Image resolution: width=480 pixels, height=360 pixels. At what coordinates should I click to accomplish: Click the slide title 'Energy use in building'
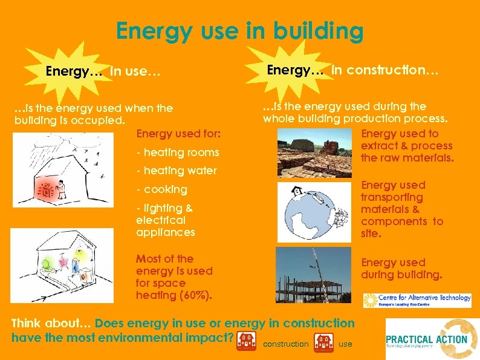click(x=240, y=30)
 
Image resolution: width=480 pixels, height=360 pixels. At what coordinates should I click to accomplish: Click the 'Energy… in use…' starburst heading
click(x=103, y=72)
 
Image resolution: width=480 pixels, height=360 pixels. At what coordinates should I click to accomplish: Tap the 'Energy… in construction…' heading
click(x=353, y=70)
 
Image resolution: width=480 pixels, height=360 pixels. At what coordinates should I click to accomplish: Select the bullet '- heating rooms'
click(x=177, y=152)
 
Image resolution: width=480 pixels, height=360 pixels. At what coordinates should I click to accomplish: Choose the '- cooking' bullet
click(x=161, y=189)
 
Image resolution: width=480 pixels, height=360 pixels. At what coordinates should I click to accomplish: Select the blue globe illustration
click(x=314, y=212)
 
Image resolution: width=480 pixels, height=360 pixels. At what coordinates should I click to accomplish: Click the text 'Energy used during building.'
click(x=401, y=269)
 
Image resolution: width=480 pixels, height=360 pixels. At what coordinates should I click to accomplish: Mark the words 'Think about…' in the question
click(x=51, y=324)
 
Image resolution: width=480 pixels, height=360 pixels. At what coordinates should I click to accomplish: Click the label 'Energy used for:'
click(x=178, y=133)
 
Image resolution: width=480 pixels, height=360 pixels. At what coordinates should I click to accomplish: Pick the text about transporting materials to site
click(x=401, y=209)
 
